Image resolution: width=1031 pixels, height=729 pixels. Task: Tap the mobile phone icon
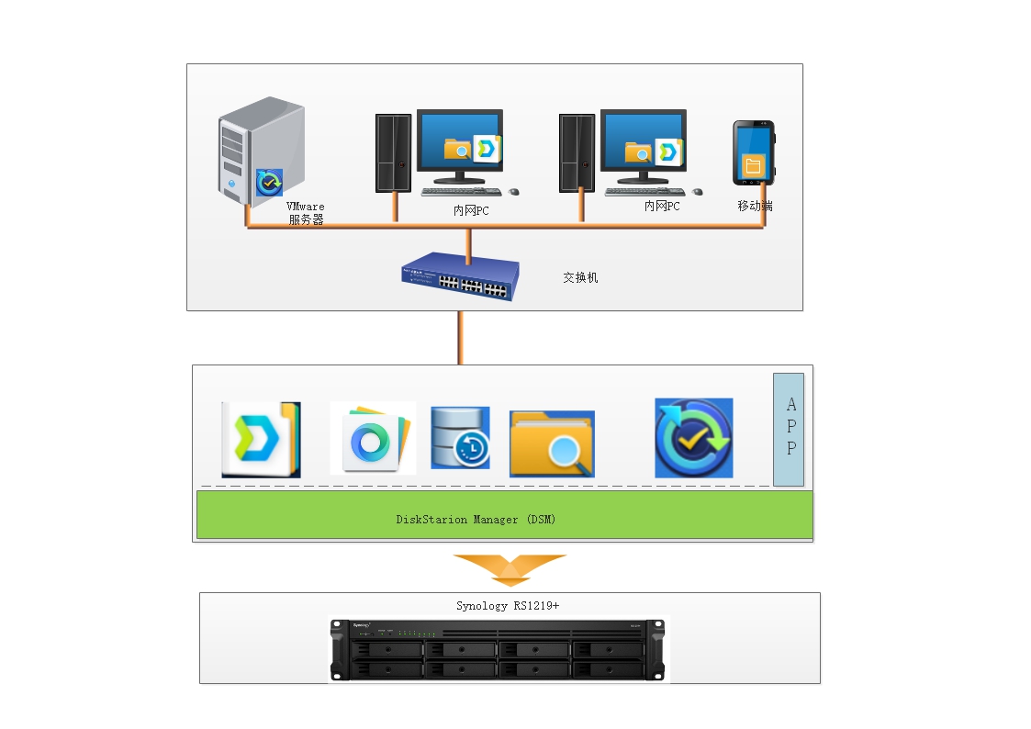coord(753,153)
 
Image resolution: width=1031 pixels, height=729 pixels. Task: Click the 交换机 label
coord(580,277)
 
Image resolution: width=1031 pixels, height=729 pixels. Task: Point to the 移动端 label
coord(755,206)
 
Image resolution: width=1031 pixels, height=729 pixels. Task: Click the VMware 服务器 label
coord(306,214)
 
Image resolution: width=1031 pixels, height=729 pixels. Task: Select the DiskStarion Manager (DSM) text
coord(476,520)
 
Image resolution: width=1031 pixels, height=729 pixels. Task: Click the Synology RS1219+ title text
coord(508,605)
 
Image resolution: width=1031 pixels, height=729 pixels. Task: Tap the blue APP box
coord(789,429)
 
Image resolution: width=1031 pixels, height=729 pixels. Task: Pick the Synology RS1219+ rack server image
coord(499,650)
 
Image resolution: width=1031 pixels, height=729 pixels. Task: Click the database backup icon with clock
coord(460,438)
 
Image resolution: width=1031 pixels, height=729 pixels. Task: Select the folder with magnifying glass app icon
coord(552,443)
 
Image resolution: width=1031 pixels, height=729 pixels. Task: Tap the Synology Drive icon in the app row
coord(261,440)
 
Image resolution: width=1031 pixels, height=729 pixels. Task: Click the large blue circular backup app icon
coord(693,438)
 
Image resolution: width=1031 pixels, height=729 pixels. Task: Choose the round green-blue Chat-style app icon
coord(372,438)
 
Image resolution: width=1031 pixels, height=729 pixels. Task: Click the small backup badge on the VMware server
coord(270,183)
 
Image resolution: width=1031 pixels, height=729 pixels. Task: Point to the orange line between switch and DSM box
coord(459,337)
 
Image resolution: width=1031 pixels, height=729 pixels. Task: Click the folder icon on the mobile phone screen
coord(753,165)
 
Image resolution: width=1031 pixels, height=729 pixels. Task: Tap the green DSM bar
coord(643,514)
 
